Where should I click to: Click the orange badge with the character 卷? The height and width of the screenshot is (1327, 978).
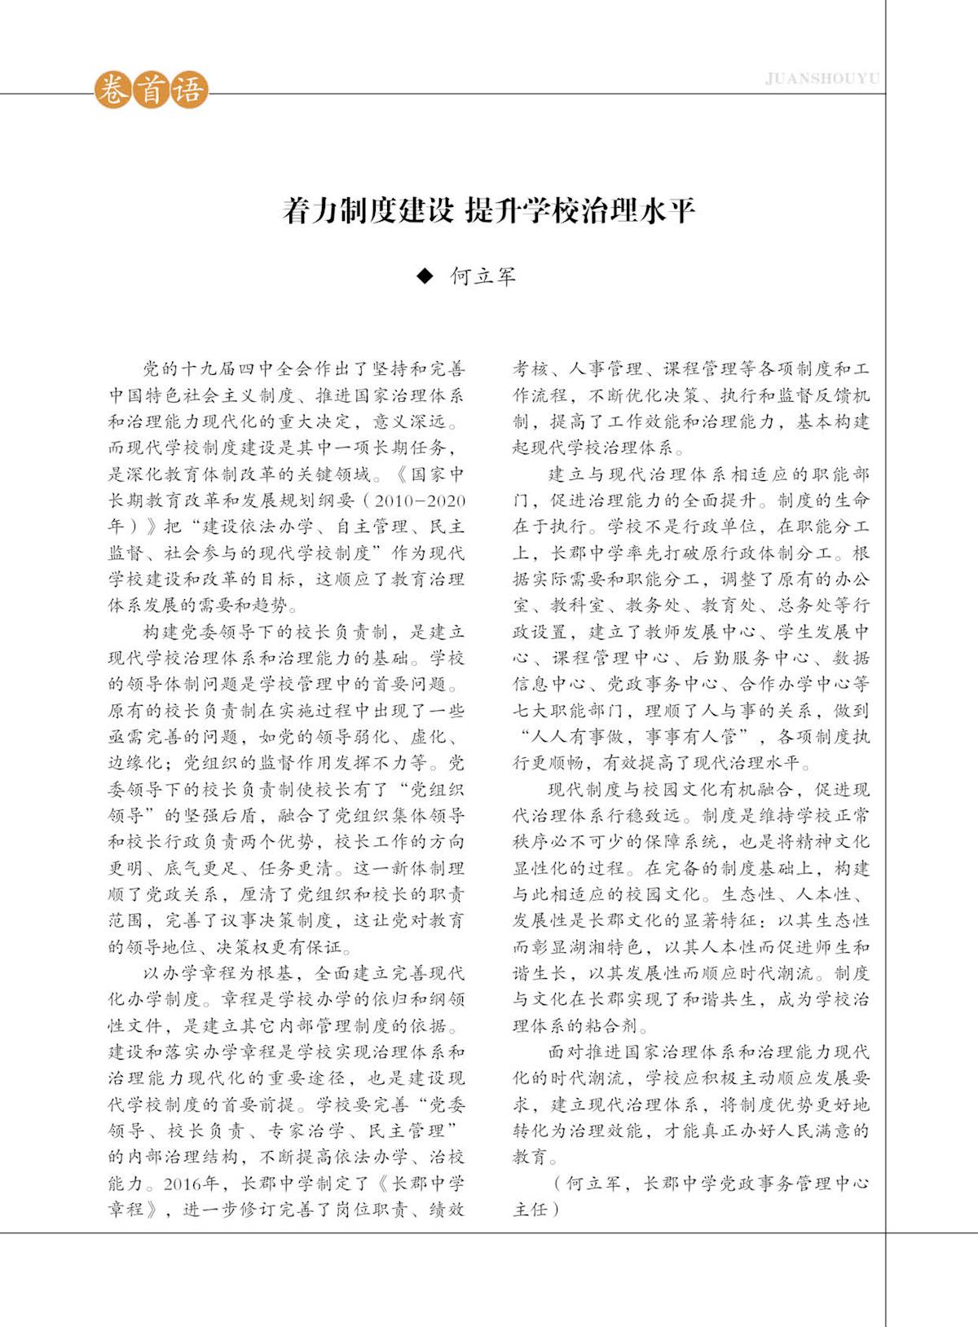point(112,90)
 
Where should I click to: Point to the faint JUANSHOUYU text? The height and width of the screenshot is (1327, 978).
point(822,79)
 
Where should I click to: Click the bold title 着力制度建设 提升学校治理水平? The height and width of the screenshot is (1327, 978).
point(489,211)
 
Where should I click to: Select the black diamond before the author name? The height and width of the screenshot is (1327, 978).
point(424,276)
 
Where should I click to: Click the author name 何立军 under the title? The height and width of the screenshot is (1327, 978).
point(483,276)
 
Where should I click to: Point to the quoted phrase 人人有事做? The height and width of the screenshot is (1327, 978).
point(578,737)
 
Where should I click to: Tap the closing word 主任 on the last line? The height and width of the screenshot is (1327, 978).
point(531,1209)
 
